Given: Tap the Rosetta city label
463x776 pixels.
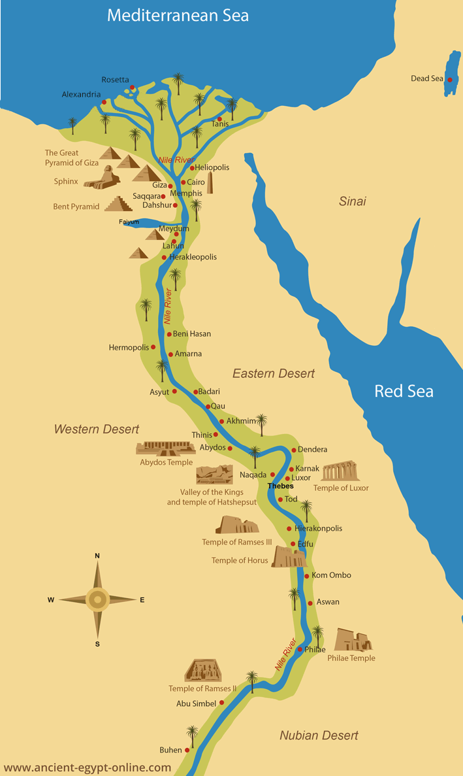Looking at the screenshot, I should point(115,80).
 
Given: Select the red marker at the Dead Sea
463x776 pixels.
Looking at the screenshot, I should point(449,79).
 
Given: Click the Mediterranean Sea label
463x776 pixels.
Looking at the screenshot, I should point(178,16).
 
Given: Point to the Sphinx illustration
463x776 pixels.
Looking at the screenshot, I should point(102,177).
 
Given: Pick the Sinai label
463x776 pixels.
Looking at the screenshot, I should point(352,201).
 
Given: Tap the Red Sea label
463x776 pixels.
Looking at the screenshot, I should point(404,392).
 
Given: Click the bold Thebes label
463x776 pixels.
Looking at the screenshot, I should point(281,486).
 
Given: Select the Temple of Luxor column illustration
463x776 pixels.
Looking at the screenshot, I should point(340,471).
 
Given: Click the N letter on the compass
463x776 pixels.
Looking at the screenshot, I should point(97,556).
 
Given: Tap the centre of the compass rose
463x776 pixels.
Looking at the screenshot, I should point(97,599).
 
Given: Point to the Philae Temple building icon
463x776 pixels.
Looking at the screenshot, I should point(353,640).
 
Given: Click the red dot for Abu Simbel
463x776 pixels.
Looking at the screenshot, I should point(222,703).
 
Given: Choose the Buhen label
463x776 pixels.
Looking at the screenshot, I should point(170,750).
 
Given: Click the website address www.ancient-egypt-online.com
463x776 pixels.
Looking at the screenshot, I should point(88,768).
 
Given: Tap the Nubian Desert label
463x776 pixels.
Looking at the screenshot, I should point(319,735).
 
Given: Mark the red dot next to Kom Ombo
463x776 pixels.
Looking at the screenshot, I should point(306,576).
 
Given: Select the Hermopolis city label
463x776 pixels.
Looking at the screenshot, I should point(129,348).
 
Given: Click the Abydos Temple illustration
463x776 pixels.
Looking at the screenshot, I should point(165,448).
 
